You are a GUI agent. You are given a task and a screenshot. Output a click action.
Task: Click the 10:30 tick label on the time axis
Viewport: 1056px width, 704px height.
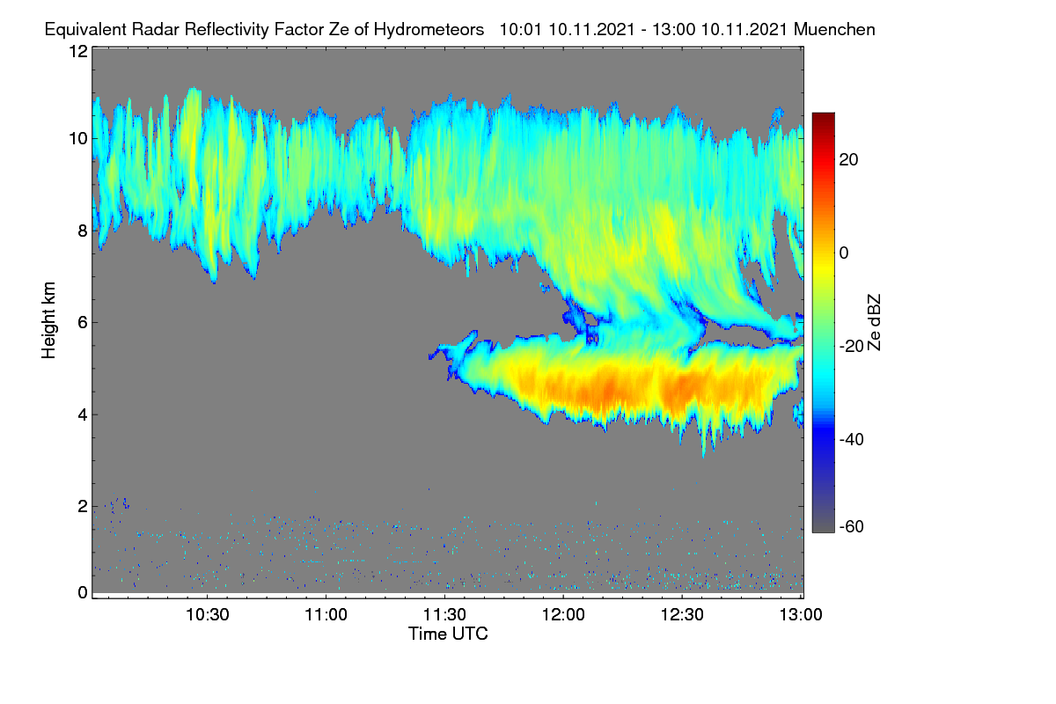(x=208, y=615)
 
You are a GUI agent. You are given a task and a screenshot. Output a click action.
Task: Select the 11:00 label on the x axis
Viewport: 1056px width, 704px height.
(x=326, y=615)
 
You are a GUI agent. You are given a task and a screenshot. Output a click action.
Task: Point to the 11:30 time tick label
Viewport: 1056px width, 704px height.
(x=444, y=615)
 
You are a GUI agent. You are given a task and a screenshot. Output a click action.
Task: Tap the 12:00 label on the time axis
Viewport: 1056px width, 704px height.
(x=563, y=615)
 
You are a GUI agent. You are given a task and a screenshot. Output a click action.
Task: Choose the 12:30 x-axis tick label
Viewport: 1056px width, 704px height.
(x=682, y=615)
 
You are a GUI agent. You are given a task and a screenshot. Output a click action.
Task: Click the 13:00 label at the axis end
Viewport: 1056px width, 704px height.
(x=801, y=615)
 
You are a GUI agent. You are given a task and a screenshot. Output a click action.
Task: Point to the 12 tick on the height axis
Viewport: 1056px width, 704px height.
(x=78, y=51)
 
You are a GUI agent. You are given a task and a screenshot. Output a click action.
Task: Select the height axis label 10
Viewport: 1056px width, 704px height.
(x=78, y=139)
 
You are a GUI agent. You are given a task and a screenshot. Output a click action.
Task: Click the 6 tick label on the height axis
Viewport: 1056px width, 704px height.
(x=83, y=323)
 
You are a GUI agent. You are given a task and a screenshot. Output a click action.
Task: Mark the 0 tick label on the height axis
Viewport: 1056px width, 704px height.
(x=83, y=593)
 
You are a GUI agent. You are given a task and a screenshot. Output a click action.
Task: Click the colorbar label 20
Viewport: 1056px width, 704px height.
(x=848, y=160)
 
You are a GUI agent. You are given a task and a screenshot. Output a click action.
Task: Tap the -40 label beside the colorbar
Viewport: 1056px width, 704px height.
(x=852, y=439)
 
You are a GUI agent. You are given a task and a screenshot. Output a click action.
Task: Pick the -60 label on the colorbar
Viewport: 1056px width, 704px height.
(x=852, y=527)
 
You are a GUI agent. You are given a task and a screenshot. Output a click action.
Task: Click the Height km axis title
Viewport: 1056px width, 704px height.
(x=48, y=320)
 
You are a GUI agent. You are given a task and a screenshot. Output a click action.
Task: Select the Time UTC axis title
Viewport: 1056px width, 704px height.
(x=448, y=634)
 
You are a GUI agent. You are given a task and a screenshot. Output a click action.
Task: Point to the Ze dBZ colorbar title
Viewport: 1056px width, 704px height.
(x=874, y=323)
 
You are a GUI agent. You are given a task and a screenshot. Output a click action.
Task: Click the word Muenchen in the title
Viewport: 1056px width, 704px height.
(x=834, y=30)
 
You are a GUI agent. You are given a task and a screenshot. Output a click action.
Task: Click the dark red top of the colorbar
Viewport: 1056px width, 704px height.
(x=823, y=118)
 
